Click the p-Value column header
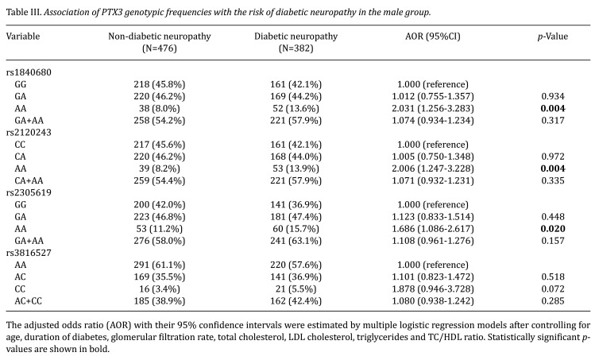pos(552,37)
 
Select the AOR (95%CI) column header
pos(432,37)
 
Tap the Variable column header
pos(23,37)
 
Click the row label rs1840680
pos(29,72)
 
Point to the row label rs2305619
pos(29,192)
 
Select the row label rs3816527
pos(29,253)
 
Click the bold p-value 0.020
pos(553,229)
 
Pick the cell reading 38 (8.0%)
pos(160,109)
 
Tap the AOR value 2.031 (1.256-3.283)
pos(432,109)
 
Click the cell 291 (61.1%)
pos(160,265)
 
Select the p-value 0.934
pos(553,96)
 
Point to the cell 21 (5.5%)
pos(296,289)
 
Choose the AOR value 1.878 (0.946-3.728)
pos(432,289)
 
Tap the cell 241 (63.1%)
pos(296,241)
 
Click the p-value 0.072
pos(553,289)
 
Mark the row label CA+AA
pos(29,180)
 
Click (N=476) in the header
pos(160,48)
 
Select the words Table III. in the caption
pos(23,12)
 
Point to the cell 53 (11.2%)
pos(160,229)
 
